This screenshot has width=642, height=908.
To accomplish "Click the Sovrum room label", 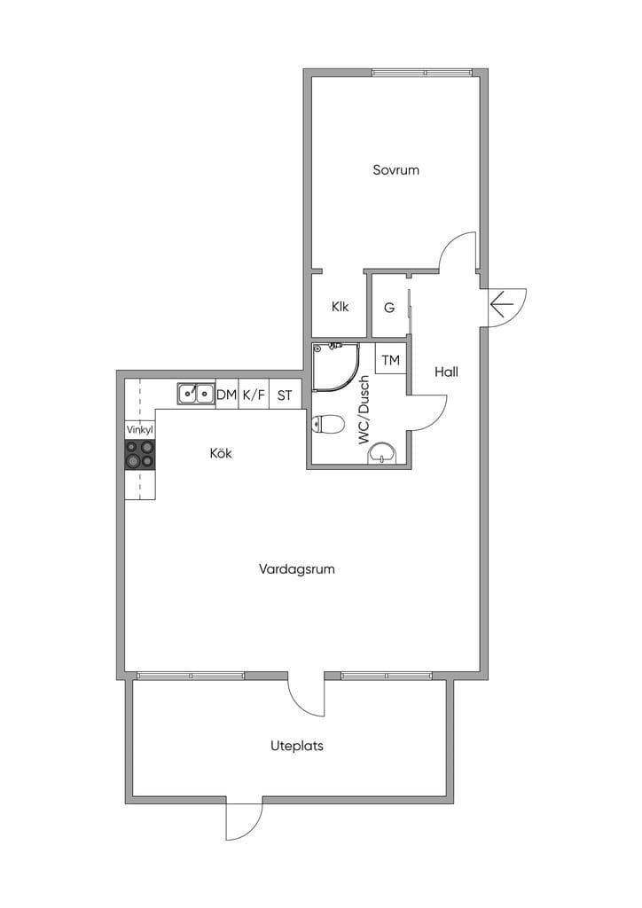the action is click(x=395, y=169).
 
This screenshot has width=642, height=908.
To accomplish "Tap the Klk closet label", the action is click(x=340, y=306).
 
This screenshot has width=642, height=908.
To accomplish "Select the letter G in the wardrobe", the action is click(x=389, y=308).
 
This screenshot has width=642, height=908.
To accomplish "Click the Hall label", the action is click(x=446, y=372).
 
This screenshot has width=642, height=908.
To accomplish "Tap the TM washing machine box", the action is click(x=391, y=359).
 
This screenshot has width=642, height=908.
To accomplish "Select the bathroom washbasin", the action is click(x=383, y=453).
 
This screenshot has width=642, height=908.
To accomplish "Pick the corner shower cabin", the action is click(x=335, y=367).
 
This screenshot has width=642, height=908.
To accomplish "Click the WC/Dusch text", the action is click(x=364, y=410).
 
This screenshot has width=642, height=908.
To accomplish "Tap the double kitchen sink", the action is click(x=196, y=394).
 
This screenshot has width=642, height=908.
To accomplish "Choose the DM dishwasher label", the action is click(x=226, y=395).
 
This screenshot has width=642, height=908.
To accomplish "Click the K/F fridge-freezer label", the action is click(x=254, y=395).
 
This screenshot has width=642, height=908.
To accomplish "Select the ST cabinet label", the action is click(x=285, y=395).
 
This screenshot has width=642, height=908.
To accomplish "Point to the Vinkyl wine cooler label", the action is click(x=139, y=430).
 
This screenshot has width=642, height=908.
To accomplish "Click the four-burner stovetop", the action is click(x=140, y=454).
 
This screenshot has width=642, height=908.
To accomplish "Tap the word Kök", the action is click(x=221, y=453).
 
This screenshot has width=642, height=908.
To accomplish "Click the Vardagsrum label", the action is click(x=296, y=568).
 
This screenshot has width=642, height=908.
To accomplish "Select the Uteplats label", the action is click(x=296, y=746).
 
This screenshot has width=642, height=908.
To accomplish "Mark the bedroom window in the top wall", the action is click(x=422, y=73).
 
